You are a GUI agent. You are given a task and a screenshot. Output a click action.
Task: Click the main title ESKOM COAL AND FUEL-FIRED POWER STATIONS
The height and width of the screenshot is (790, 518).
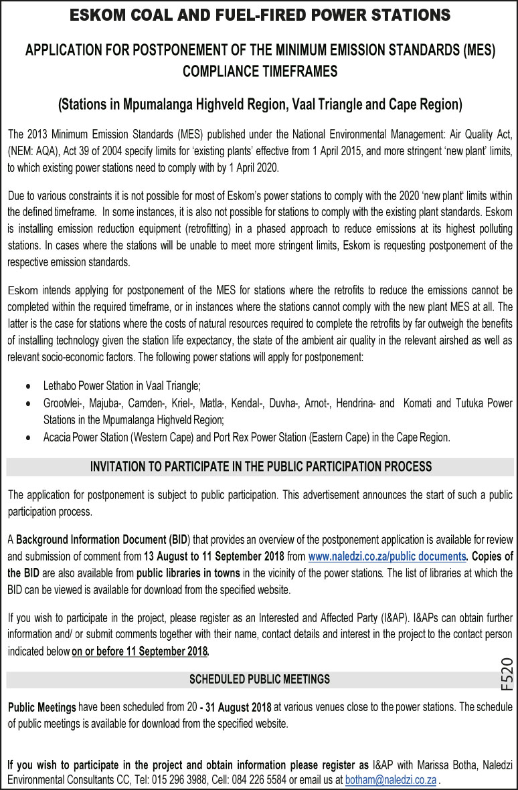tap(259, 15)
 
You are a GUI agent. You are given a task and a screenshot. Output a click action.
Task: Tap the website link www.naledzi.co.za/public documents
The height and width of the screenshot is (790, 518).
tap(387, 556)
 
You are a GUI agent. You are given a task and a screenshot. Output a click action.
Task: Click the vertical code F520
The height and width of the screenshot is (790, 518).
tap(507, 674)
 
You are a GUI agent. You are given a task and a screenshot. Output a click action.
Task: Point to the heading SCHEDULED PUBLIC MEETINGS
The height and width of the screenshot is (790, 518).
tap(260, 679)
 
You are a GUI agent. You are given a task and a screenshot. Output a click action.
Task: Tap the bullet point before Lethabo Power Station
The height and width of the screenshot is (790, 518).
tap(27, 387)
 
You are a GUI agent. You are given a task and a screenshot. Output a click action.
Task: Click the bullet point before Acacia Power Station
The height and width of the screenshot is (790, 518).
tap(27, 438)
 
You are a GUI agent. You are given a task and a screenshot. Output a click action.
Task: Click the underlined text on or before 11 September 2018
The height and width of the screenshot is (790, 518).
tap(141, 651)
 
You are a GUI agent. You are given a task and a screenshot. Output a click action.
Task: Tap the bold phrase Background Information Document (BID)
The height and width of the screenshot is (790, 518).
tap(102, 539)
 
